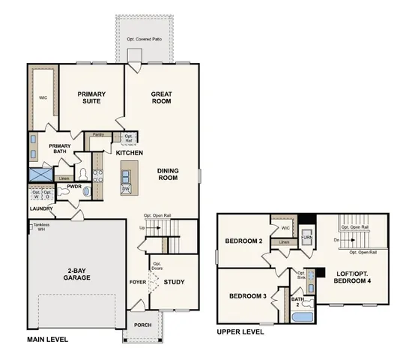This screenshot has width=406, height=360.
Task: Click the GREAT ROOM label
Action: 162,98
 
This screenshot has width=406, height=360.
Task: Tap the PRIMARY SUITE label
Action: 92,98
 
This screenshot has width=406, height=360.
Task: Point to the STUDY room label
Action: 174,282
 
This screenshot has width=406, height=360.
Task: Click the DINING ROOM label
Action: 167,174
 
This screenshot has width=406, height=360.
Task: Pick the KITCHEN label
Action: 130,153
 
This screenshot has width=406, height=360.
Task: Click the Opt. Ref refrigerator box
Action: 128,139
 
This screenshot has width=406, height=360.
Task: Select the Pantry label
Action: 97,135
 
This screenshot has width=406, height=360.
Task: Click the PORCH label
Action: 142,325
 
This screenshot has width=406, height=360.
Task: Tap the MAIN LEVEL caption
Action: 47,340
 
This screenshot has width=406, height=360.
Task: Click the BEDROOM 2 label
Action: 243,241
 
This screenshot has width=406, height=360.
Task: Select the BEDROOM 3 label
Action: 248,296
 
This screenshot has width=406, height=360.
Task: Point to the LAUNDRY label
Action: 41,208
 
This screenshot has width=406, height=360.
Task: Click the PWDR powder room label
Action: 74,186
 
